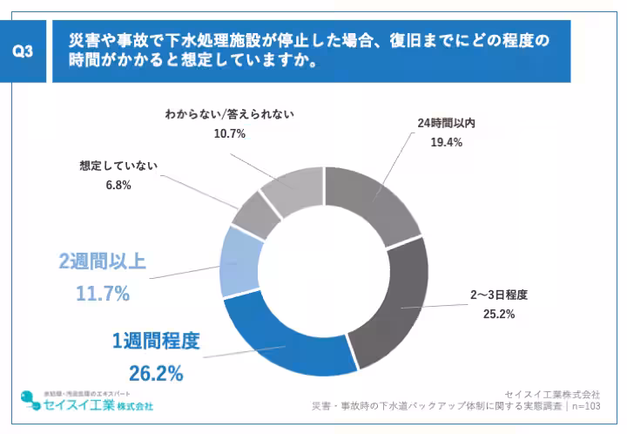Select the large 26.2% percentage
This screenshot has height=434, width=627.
156,374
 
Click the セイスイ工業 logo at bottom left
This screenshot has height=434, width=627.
87,403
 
